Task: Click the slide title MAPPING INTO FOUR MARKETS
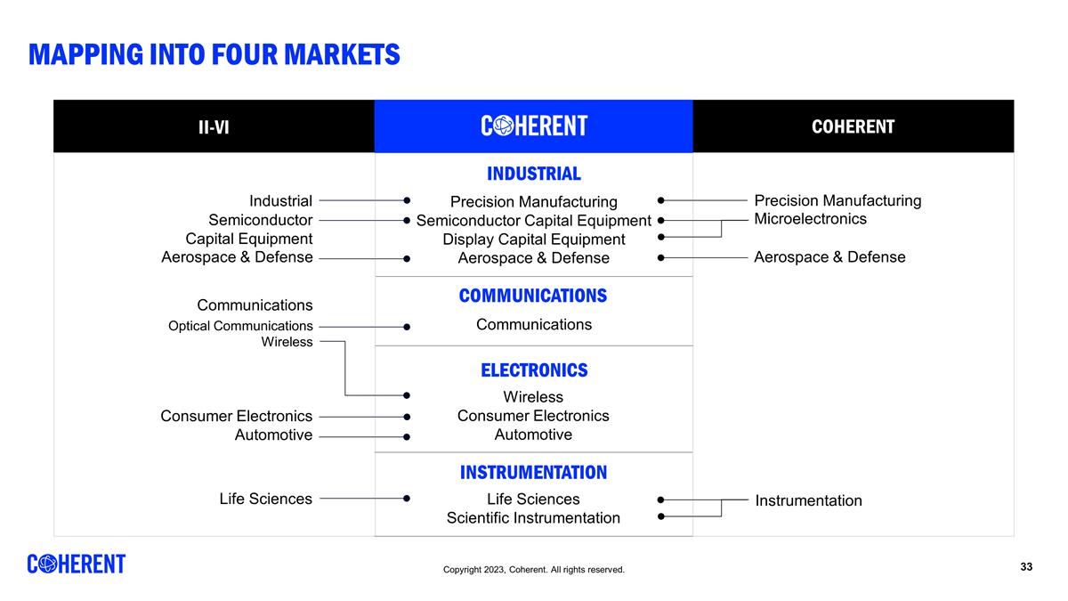(x=214, y=54)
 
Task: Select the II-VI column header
(x=214, y=126)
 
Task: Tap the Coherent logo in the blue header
(x=534, y=126)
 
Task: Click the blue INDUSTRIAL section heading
(x=533, y=174)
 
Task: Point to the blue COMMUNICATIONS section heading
(x=533, y=296)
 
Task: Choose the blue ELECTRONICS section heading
(x=534, y=370)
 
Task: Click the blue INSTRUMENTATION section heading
(x=533, y=472)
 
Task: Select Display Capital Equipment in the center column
(x=534, y=240)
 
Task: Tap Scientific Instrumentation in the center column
(x=533, y=518)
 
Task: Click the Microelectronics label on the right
(x=810, y=219)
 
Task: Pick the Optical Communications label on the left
(x=240, y=326)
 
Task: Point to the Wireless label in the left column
(x=287, y=342)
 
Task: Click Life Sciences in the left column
(x=265, y=499)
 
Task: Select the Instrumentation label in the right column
(x=808, y=500)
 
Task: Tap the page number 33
(x=1026, y=567)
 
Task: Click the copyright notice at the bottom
(x=534, y=570)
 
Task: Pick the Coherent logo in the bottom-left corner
(x=77, y=564)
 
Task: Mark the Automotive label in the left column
(x=273, y=435)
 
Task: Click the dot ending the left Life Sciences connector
(x=407, y=499)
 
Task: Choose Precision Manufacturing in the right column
(x=837, y=200)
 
